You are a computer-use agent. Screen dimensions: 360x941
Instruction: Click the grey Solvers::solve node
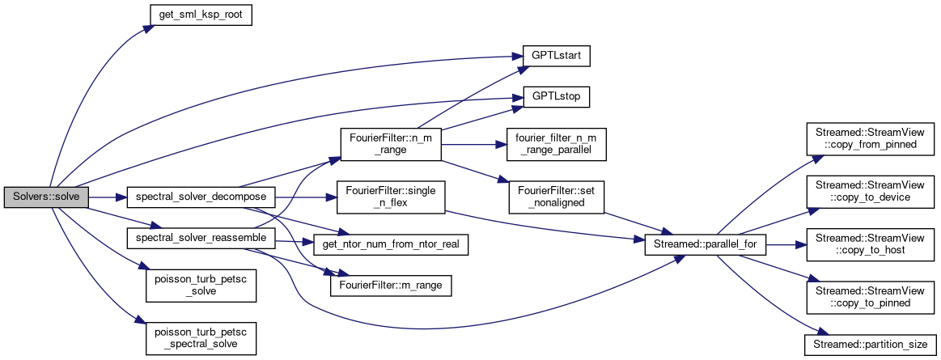click(45, 197)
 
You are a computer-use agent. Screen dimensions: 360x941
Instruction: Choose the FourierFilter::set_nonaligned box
click(556, 197)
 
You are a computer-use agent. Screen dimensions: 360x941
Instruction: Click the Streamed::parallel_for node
click(705, 244)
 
